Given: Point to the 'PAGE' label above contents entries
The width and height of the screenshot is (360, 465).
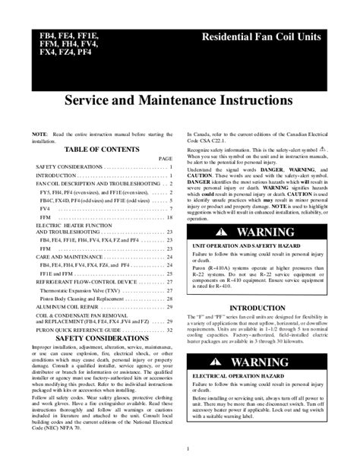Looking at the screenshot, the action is coord(166,158).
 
